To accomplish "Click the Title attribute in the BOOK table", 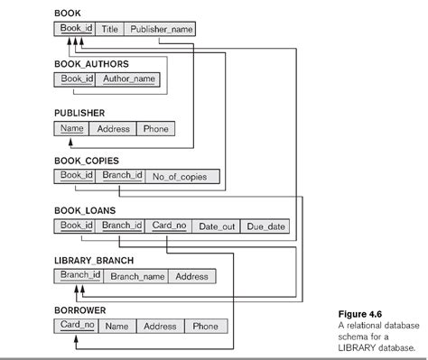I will (x=110, y=29).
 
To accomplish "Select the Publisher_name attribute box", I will (x=160, y=29).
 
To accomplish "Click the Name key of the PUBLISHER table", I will (x=71, y=128).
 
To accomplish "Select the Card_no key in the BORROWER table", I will (x=77, y=325).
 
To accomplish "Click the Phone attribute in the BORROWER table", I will (x=206, y=326).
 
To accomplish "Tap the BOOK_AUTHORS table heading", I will (x=91, y=63).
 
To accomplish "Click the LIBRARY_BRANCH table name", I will (x=94, y=260).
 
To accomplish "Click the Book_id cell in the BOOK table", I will (x=77, y=29).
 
